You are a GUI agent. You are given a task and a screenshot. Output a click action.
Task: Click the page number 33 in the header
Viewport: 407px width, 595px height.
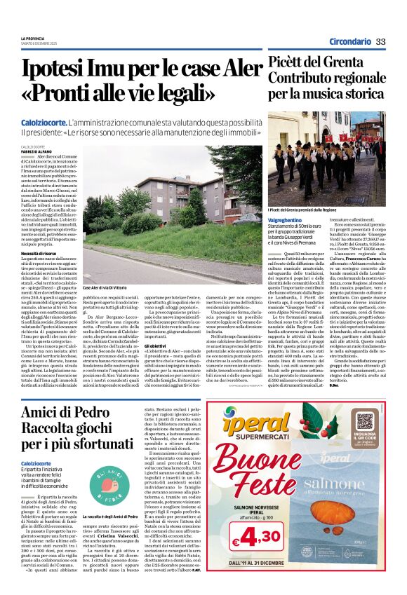381,41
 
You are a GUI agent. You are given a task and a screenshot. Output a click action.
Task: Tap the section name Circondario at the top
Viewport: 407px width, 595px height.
348,41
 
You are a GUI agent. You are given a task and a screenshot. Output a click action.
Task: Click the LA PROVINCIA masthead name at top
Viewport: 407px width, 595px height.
32,39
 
